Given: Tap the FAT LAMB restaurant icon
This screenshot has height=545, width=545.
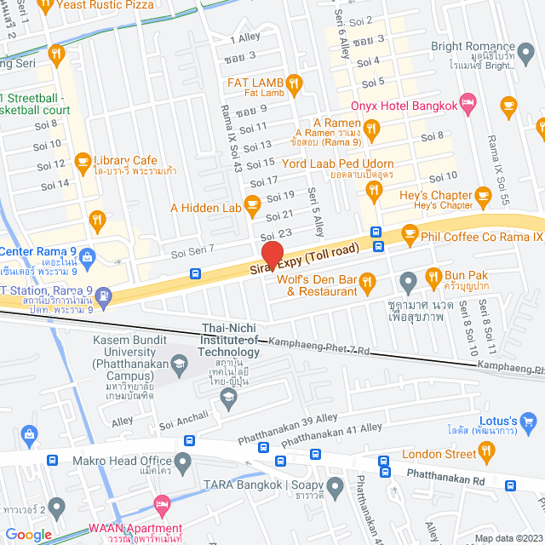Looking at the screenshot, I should tap(294, 83).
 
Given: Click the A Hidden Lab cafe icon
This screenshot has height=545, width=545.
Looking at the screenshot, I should tap(252, 203).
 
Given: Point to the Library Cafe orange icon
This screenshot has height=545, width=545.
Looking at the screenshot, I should tap(83, 159).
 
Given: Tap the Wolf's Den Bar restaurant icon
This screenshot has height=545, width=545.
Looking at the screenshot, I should tap(368, 280).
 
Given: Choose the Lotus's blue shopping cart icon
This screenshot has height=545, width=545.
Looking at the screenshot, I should tap(529, 420).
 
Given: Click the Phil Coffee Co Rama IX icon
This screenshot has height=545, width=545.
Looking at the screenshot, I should tap(410, 232).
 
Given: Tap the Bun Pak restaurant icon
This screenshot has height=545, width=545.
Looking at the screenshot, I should tap(433, 275).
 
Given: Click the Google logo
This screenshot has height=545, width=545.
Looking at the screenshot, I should tap(28, 534).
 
